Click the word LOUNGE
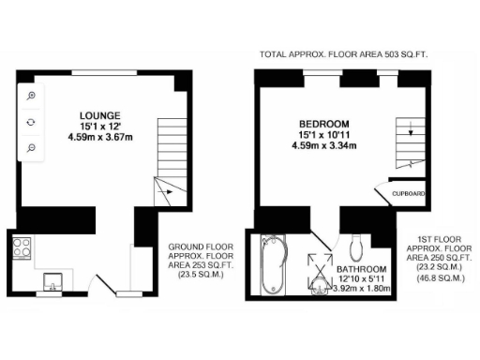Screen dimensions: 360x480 [97, 115]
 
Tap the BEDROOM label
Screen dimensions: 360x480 [324, 124]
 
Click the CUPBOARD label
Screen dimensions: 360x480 [409, 194]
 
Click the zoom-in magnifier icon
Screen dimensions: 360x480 [31, 97]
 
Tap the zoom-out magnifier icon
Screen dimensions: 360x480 [31, 148]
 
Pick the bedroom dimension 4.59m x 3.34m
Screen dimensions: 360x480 [324, 145]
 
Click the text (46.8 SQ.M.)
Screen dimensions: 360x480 [446, 279]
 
